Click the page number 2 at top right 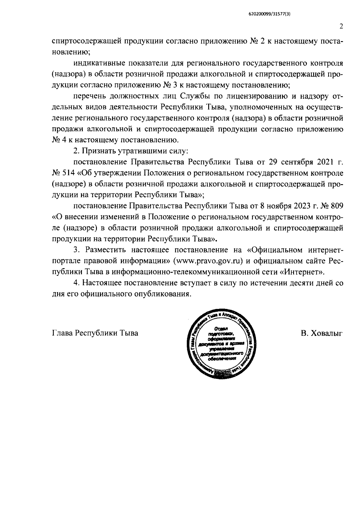click(x=341, y=26)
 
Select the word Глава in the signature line click(x=62, y=333)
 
